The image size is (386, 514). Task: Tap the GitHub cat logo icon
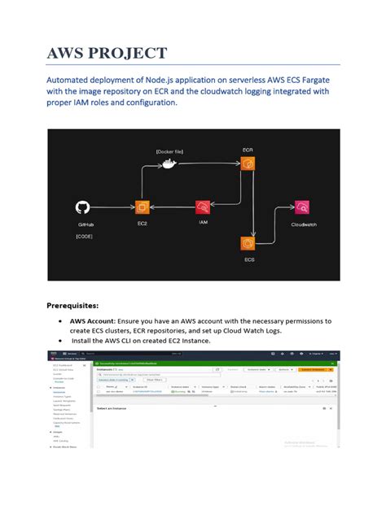click(83, 208)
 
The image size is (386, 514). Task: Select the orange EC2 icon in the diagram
click(142, 208)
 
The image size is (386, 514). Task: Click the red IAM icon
click(203, 209)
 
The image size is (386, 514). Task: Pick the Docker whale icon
click(168, 163)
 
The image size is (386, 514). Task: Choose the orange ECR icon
click(248, 165)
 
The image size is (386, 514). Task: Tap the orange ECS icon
click(248, 243)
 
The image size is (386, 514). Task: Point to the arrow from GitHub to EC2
click(112, 209)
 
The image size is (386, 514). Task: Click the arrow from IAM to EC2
click(172, 209)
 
